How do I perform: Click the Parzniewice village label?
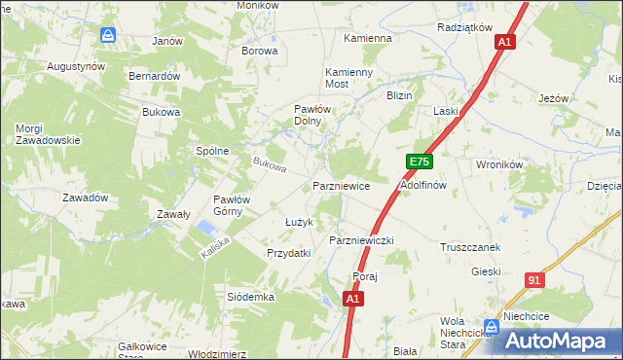(341, 185)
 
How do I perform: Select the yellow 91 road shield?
(532, 280)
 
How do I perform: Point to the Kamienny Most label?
(349, 79)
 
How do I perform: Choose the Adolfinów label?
(423, 185)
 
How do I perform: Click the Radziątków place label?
(465, 27)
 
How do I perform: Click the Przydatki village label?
(288, 253)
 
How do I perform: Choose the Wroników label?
(500, 165)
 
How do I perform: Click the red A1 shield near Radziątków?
(503, 43)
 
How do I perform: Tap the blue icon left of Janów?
(108, 35)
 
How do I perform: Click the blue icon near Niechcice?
(493, 326)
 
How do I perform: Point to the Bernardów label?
(156, 76)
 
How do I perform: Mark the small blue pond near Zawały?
(205, 230)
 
